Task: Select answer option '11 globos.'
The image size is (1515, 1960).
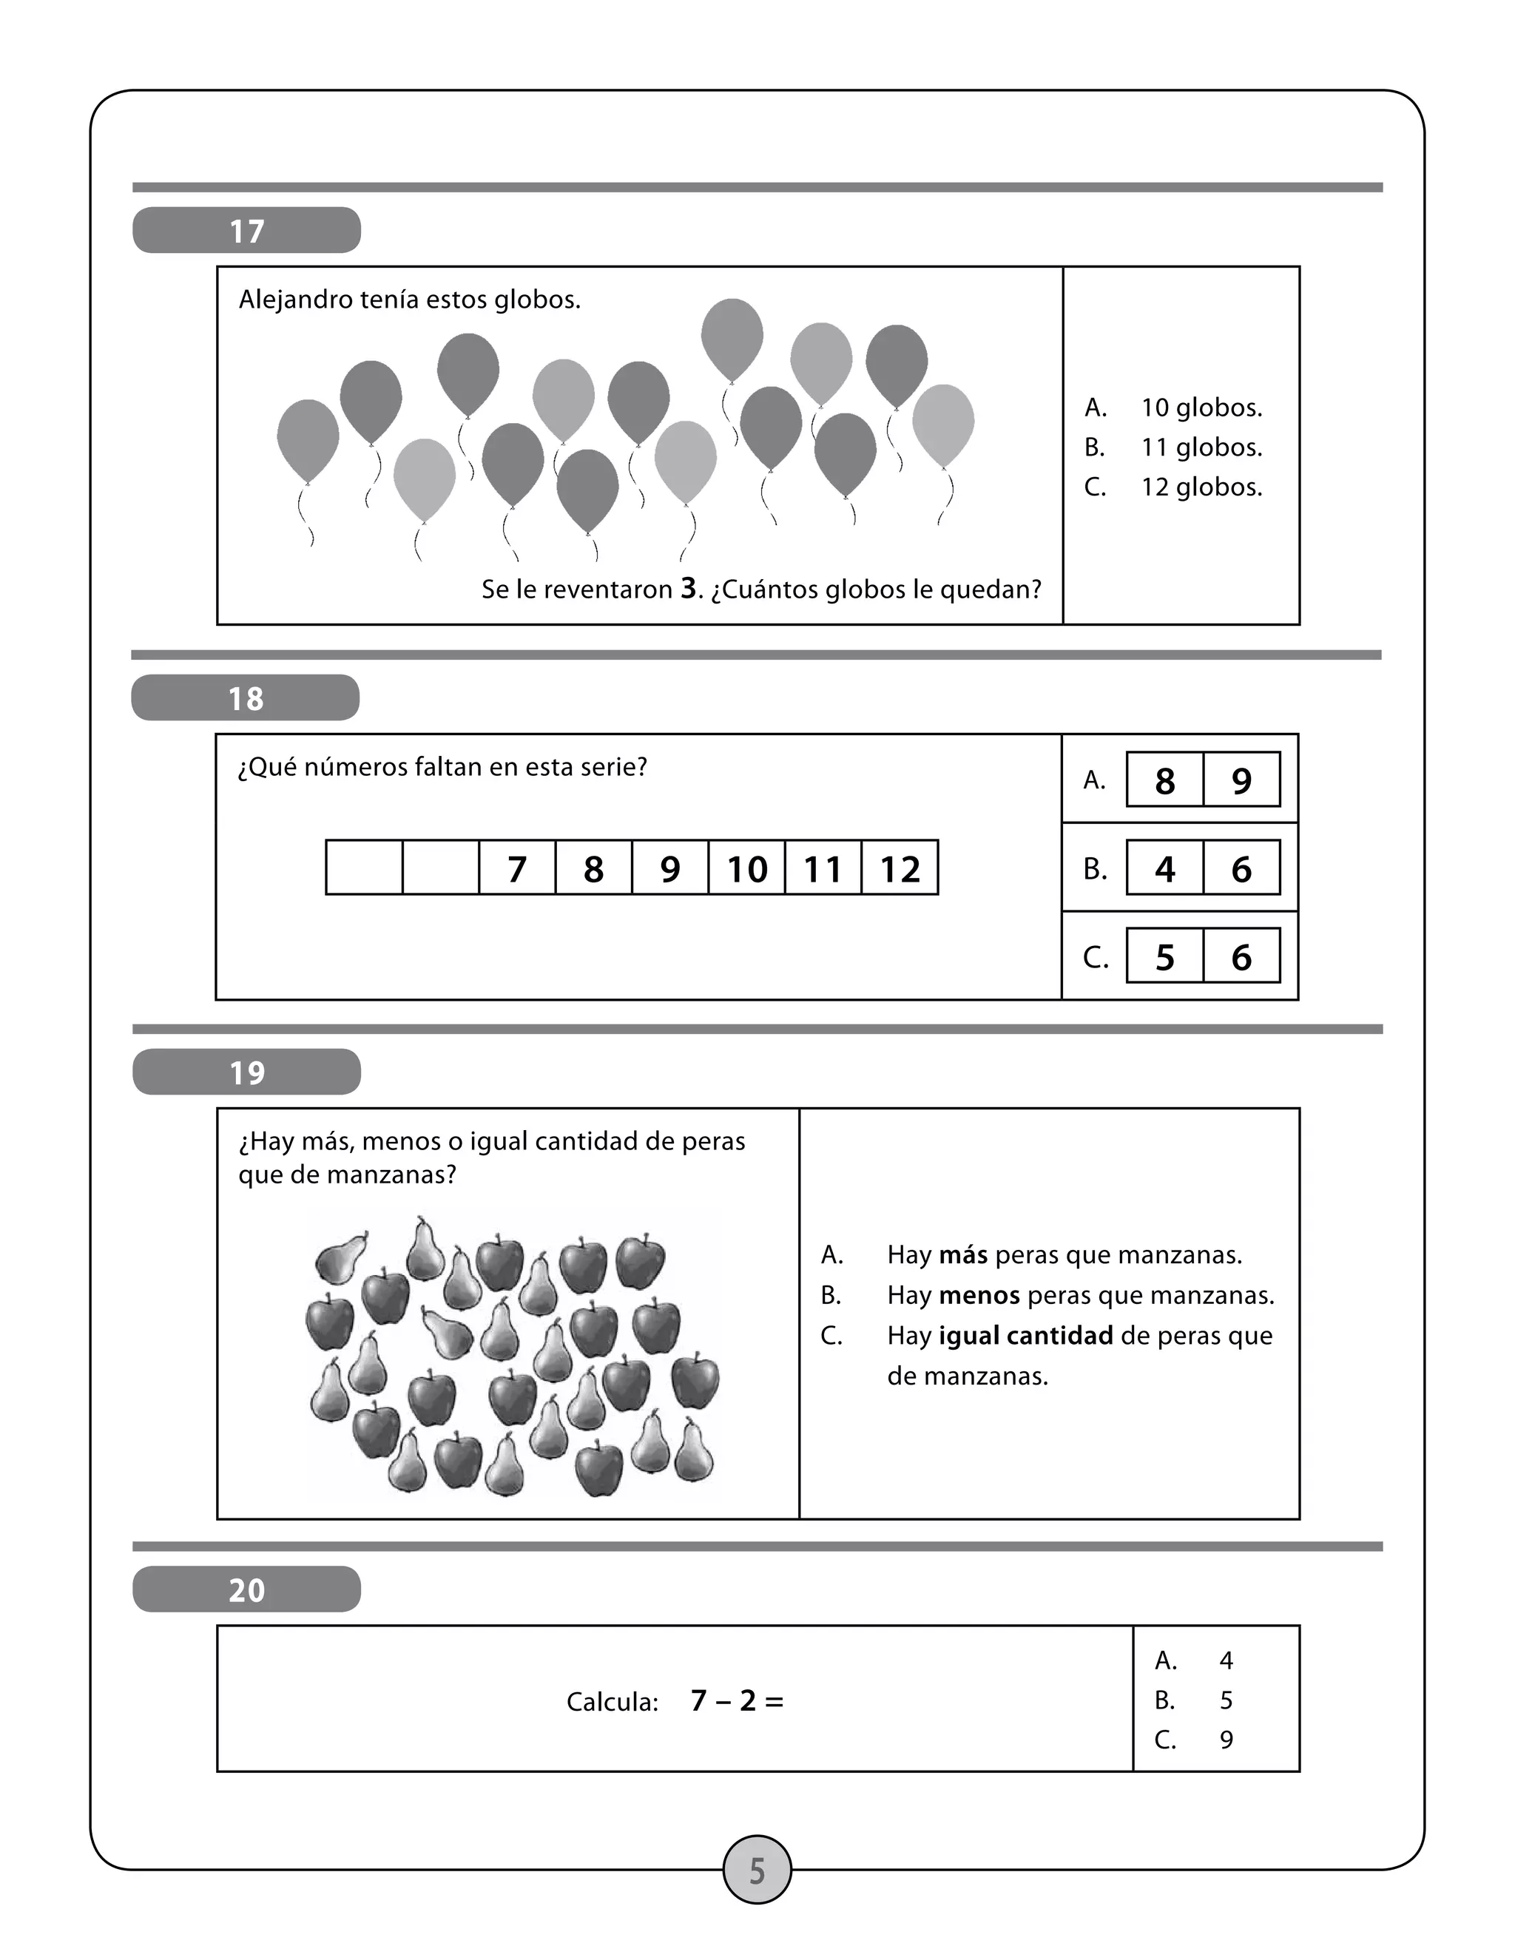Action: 1201,447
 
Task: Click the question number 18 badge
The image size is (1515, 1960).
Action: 245,698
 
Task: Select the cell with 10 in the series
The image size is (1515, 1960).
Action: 746,868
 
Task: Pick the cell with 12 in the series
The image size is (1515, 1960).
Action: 900,868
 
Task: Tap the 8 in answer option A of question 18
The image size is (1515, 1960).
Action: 1164,780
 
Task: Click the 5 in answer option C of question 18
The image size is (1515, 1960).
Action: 1164,956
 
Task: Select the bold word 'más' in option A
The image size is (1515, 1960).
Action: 963,1254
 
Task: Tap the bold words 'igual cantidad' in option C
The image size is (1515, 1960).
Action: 1025,1335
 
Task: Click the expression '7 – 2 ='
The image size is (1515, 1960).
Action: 737,1700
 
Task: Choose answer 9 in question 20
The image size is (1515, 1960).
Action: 1226,1740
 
